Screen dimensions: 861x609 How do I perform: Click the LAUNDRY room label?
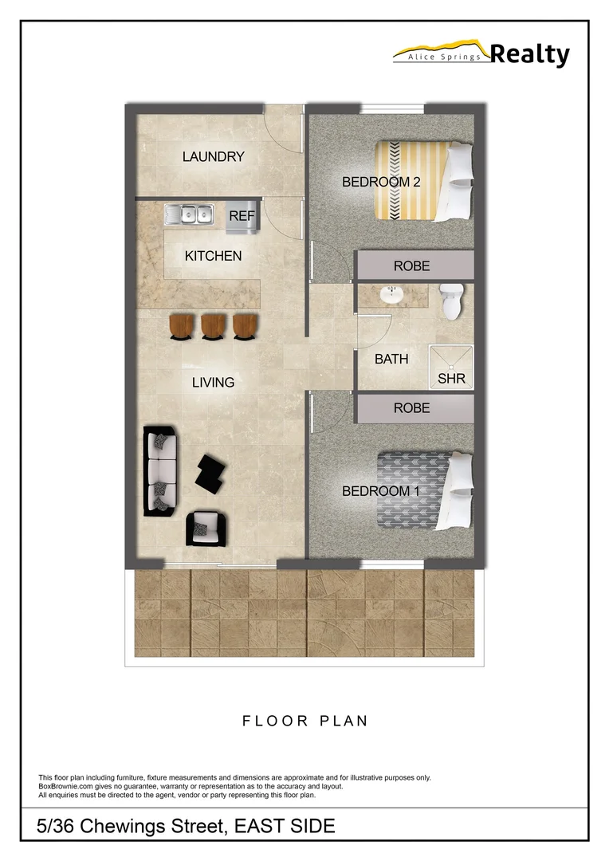pyautogui.click(x=213, y=157)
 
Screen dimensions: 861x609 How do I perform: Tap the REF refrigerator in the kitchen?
pyautogui.click(x=242, y=217)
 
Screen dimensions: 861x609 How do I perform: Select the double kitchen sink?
pyautogui.click(x=190, y=214)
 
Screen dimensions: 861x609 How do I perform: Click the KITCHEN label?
pyautogui.click(x=213, y=256)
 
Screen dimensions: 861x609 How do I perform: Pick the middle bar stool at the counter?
pyautogui.click(x=213, y=326)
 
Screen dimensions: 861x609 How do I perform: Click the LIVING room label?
pyautogui.click(x=213, y=383)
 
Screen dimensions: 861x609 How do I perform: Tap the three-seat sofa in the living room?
pyautogui.click(x=160, y=471)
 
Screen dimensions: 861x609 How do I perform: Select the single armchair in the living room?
pyautogui.click(x=206, y=525)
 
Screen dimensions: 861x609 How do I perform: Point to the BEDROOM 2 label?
pyautogui.click(x=381, y=182)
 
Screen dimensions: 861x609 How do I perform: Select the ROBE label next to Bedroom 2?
pyautogui.click(x=411, y=266)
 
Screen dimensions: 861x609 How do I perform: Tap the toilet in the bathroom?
pyautogui.click(x=451, y=301)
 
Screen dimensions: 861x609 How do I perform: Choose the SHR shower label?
pyautogui.click(x=451, y=379)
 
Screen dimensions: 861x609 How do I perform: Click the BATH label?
pyautogui.click(x=391, y=360)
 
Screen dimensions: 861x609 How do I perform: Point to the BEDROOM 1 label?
pyautogui.click(x=380, y=491)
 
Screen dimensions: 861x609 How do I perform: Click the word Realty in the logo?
pyautogui.click(x=529, y=54)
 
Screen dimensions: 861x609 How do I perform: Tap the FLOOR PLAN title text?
pyautogui.click(x=304, y=721)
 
